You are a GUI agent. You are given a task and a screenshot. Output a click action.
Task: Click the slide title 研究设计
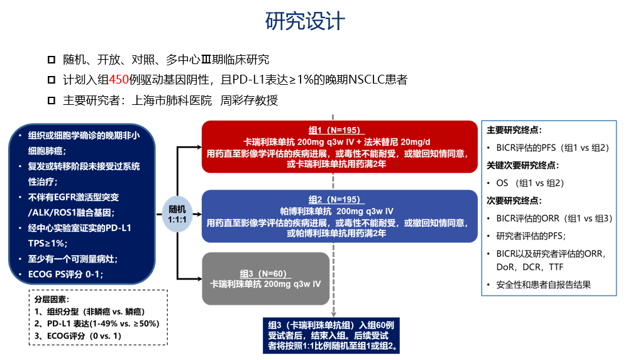(305, 21)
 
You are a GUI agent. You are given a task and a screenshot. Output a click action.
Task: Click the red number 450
(119, 80)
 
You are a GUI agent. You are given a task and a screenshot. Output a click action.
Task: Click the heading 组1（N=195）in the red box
(334, 131)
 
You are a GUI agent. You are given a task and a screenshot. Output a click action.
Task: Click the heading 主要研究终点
(514, 130)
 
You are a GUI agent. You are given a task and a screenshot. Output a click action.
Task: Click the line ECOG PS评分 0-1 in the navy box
(65, 274)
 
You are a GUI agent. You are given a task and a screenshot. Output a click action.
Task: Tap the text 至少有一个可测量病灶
(73, 258)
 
